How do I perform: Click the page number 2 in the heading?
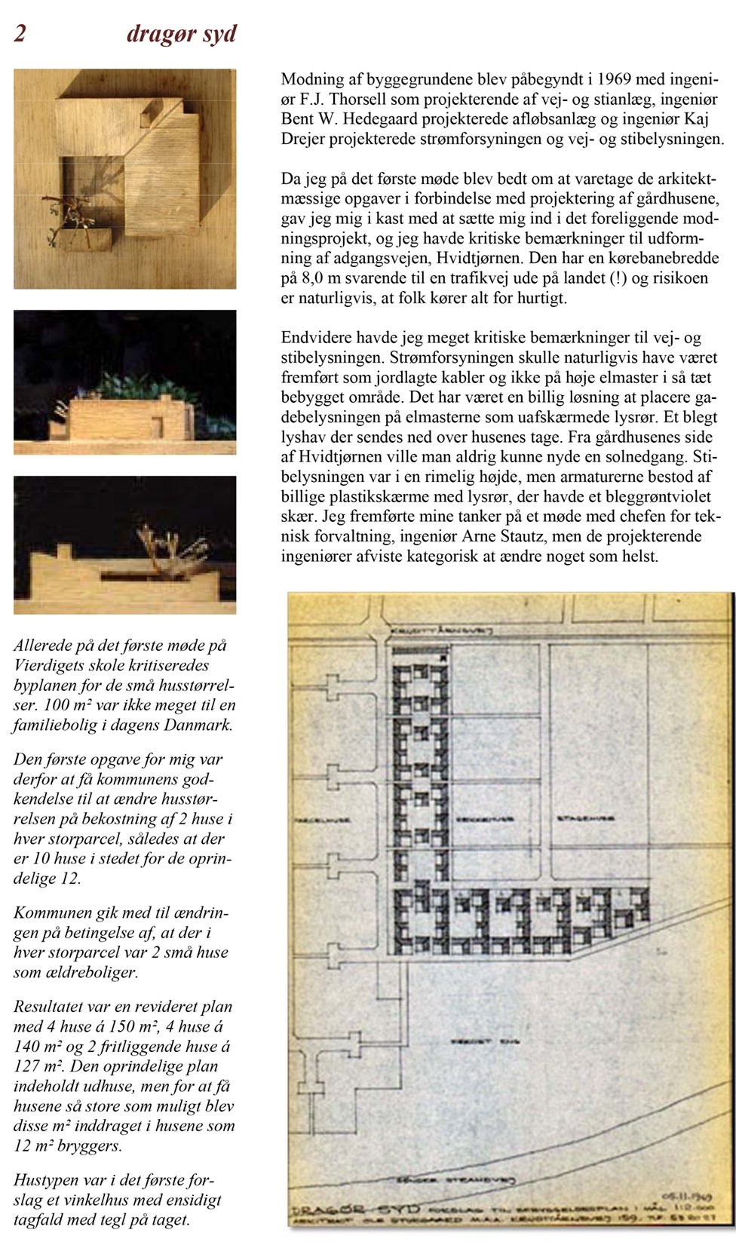(20, 34)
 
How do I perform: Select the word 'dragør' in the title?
(158, 35)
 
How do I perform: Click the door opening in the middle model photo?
(156, 427)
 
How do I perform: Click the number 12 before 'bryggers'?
(22, 1146)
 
